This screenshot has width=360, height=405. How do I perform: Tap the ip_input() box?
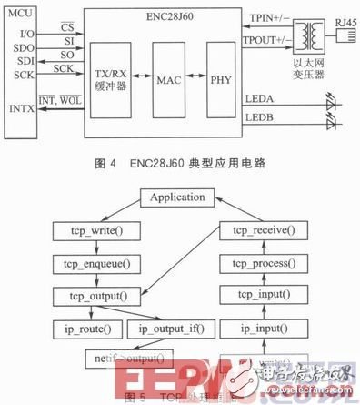pos(268,328)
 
